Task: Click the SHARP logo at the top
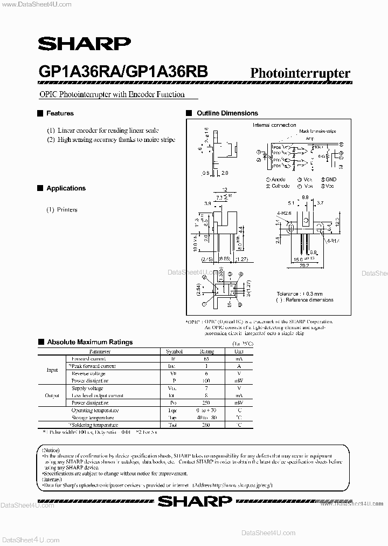point(84,44)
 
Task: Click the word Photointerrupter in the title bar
point(300,74)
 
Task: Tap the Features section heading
point(60,113)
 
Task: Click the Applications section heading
point(66,188)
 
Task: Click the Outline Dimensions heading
point(227,113)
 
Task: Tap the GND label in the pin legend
point(330,180)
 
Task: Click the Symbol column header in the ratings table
point(174,351)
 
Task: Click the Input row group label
point(52,370)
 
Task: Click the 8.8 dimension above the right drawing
point(306,197)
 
